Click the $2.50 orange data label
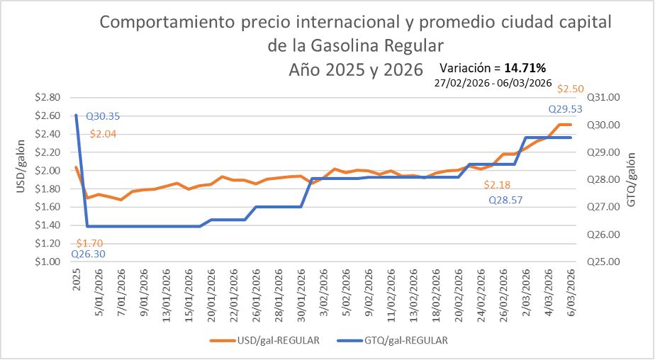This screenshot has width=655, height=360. coord(571,89)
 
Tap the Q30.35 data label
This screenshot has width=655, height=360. coord(102,117)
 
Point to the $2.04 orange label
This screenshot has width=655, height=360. coord(103,133)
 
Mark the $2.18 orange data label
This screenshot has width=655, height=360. coord(498,185)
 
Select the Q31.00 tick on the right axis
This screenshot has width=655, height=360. coord(605,97)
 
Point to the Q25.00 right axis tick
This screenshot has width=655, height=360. coord(605,261)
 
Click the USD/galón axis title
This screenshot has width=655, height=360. coord(21,179)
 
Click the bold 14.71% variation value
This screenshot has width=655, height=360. coord(525,69)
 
